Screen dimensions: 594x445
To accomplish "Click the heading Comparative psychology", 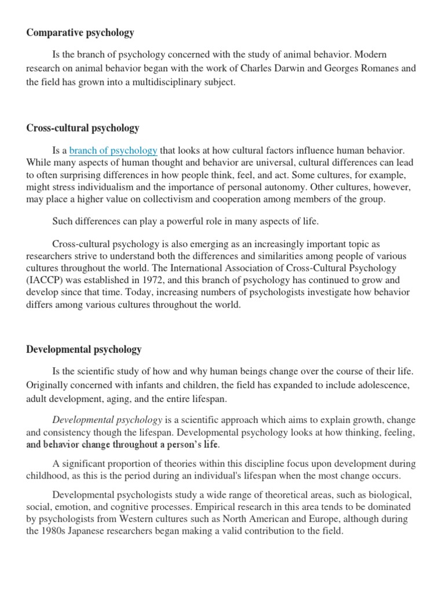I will (80, 32).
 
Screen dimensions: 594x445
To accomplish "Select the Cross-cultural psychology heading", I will (82, 128).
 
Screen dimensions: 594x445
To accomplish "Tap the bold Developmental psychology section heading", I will (83, 349).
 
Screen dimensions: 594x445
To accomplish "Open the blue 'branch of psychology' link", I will (113, 151).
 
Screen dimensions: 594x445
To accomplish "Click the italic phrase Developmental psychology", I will (107, 419).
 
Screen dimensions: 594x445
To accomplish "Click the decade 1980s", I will (55, 531).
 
